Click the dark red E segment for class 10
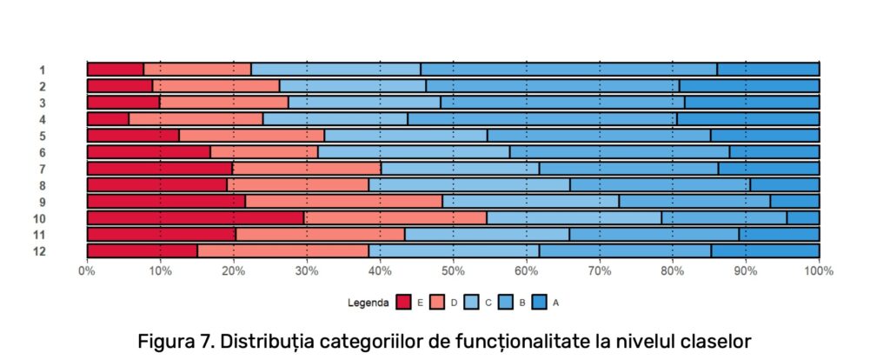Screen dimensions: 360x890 click(x=196, y=218)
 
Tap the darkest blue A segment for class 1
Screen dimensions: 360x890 click(x=768, y=70)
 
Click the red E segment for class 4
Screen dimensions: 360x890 click(x=108, y=119)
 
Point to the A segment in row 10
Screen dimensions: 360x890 click(x=803, y=218)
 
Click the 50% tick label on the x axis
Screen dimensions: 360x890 click(x=453, y=271)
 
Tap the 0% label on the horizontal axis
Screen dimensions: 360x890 click(x=87, y=271)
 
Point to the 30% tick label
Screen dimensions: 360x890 click(x=307, y=271)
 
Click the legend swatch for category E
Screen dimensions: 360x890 click(x=403, y=303)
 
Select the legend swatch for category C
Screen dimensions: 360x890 click(x=471, y=303)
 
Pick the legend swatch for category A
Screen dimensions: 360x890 click(x=539, y=303)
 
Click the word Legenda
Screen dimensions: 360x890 click(x=369, y=303)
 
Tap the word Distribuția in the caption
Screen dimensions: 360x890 click(x=277, y=340)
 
